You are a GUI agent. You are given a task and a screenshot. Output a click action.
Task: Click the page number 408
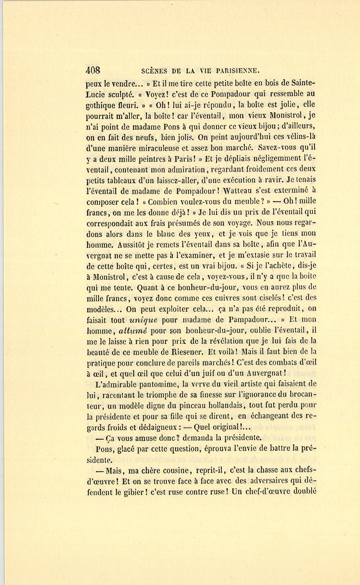tap(93, 71)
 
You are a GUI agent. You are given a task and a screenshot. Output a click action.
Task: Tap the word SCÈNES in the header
tap(155, 72)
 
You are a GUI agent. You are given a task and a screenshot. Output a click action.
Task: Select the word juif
tap(226, 373)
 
